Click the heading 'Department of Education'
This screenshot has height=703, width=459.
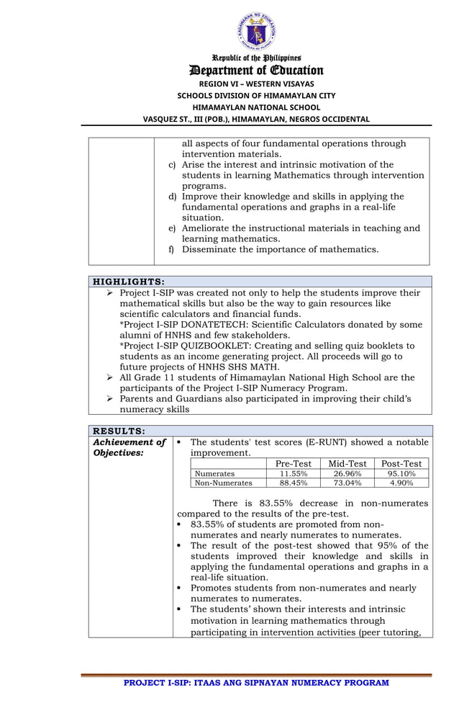[256, 70]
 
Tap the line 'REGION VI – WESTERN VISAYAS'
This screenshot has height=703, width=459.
[256, 84]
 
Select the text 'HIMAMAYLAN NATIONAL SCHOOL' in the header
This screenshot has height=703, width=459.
[256, 107]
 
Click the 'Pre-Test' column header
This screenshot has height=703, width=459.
[294, 463]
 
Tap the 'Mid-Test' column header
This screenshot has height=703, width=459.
[347, 463]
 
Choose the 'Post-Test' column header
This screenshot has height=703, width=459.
[401, 463]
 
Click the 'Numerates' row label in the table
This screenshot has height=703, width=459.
[215, 474]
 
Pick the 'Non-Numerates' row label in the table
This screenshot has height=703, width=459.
[224, 483]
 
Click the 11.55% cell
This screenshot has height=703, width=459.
[294, 474]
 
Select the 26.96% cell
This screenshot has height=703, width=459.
[347, 474]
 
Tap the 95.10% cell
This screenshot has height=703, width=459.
[401, 474]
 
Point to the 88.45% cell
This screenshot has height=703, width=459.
[294, 483]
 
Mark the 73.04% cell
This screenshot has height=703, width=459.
[347, 483]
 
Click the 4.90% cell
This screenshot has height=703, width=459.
[401, 483]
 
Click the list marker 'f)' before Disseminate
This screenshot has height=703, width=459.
[171, 250]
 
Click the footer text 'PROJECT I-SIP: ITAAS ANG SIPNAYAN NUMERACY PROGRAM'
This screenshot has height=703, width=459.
[256, 682]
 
